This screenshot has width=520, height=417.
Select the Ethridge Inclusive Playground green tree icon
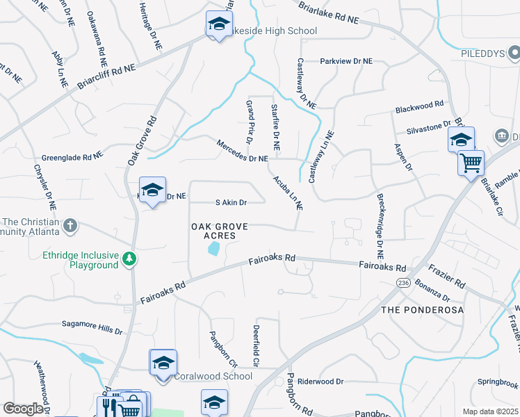click(x=129, y=259)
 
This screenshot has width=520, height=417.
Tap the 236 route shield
click(x=403, y=283)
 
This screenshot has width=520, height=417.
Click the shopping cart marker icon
click(x=471, y=163)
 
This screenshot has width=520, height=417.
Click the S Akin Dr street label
click(x=231, y=203)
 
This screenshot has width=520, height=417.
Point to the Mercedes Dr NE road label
click(x=242, y=150)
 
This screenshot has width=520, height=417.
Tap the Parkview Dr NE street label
click(x=346, y=61)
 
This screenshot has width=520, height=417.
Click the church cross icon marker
click(x=70, y=225)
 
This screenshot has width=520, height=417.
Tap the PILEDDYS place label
click(x=481, y=53)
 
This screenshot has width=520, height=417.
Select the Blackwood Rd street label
click(x=419, y=106)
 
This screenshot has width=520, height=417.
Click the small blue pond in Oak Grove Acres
click(x=214, y=248)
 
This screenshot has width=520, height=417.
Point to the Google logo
click(x=23, y=409)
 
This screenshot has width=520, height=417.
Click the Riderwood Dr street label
click(x=320, y=382)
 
